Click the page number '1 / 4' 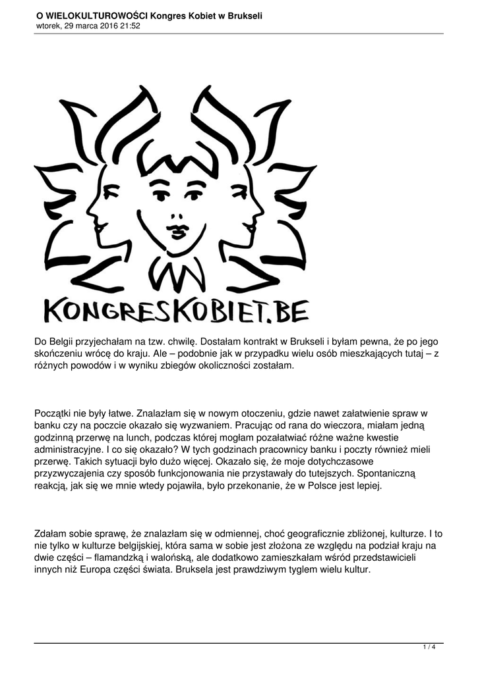pos(429,648)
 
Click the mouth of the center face pos(177,231)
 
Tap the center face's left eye pos(161,195)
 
